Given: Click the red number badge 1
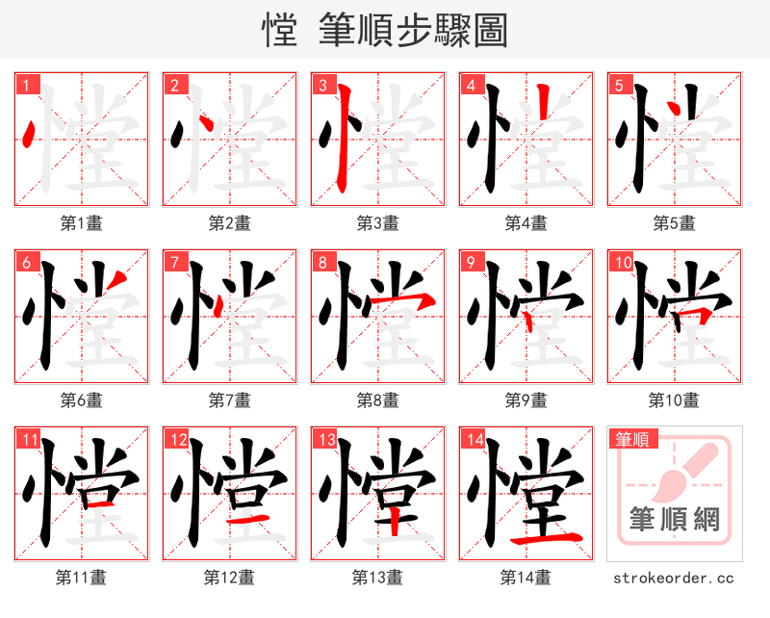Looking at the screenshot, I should pos(27,85).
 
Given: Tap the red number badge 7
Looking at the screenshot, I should pos(175,262).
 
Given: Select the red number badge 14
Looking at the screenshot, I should pos(473,440).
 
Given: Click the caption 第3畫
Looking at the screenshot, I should pos(377,223).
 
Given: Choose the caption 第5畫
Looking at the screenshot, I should pos(674,223).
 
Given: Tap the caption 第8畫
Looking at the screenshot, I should pos(377,399).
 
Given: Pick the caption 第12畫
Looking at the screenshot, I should pos(229,578).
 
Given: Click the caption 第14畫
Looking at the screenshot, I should pos(526,578).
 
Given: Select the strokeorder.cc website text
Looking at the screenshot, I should pos(674,578).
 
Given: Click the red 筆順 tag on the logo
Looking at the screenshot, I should pos(630,440).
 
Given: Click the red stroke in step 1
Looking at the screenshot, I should pos(29,134).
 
